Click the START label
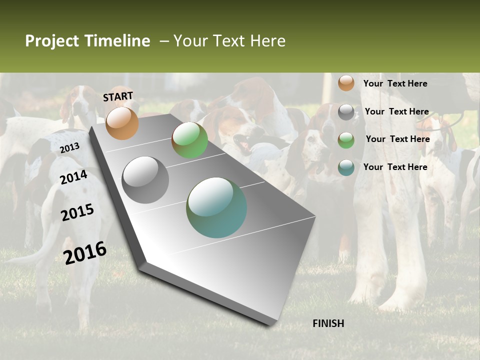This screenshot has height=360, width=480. pyautogui.click(x=118, y=96)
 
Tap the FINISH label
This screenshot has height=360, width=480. pyautogui.click(x=328, y=323)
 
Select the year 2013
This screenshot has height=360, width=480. pyautogui.click(x=69, y=147)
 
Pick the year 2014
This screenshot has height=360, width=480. pyautogui.click(x=74, y=177)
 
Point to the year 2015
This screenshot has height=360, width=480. pyautogui.click(x=77, y=212)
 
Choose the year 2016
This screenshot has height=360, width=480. pyautogui.click(x=85, y=253)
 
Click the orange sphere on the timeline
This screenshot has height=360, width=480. pyautogui.click(x=122, y=123)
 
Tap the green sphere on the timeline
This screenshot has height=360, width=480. pyautogui.click(x=189, y=140)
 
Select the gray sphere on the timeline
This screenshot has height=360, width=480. pyautogui.click(x=145, y=179)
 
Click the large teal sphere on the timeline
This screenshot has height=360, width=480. pyautogui.click(x=216, y=207)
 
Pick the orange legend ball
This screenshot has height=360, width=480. pyautogui.click(x=346, y=83)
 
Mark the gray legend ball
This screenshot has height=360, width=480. pyautogui.click(x=346, y=112)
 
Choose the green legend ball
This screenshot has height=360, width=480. pyautogui.click(x=346, y=140)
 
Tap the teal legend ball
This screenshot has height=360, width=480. pyautogui.click(x=346, y=167)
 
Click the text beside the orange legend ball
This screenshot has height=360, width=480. pyautogui.click(x=395, y=83)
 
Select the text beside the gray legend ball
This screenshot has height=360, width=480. pyautogui.click(x=396, y=111)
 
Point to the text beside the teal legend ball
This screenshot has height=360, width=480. pyautogui.click(x=395, y=167)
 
